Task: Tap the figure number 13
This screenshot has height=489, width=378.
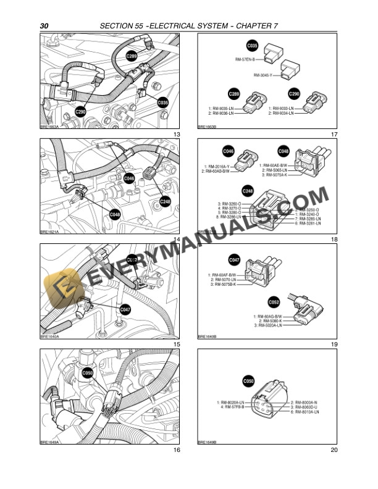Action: [x=177, y=135]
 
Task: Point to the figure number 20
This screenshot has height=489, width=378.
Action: [x=334, y=450]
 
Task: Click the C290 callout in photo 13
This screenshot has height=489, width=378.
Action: [x=80, y=112]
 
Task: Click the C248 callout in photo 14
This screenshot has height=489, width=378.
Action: [x=165, y=201]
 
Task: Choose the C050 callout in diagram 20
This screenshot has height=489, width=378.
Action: [x=248, y=381]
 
